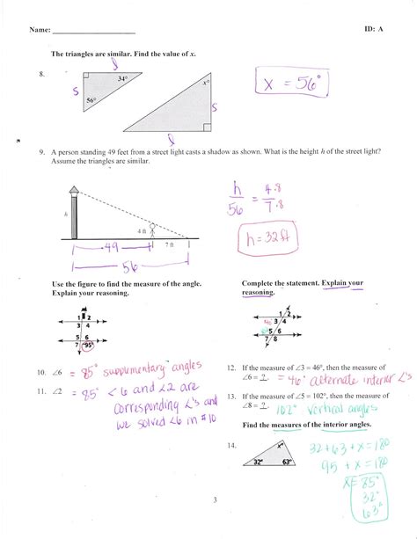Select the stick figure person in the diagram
tap(151, 229)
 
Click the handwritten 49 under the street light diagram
tap(109, 249)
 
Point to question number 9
tap(40, 151)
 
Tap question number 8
tap(41, 75)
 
